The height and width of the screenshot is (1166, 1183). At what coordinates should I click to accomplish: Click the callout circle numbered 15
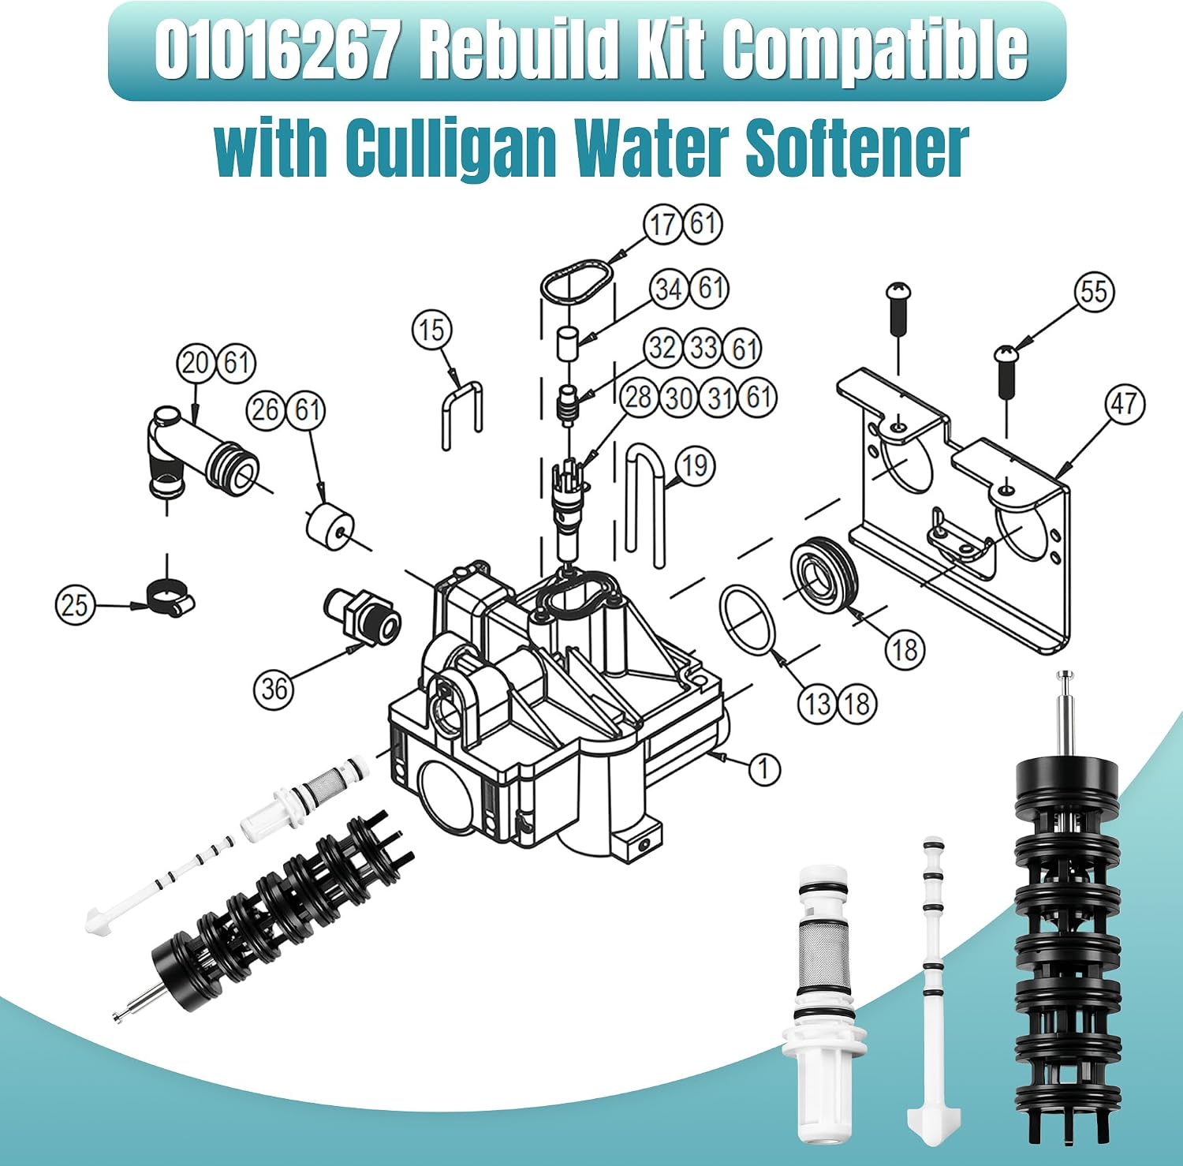tap(432, 330)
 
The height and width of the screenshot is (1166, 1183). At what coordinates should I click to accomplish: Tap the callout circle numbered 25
tap(75, 605)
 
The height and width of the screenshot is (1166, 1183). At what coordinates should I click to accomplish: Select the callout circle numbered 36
tap(274, 689)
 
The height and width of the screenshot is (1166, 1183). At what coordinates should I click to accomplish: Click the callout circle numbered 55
tap(1094, 292)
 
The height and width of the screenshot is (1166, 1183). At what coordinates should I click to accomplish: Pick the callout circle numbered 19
tap(695, 465)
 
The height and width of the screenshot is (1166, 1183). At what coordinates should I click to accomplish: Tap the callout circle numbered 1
tap(763, 768)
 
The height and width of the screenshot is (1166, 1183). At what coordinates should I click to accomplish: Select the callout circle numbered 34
tap(670, 289)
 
